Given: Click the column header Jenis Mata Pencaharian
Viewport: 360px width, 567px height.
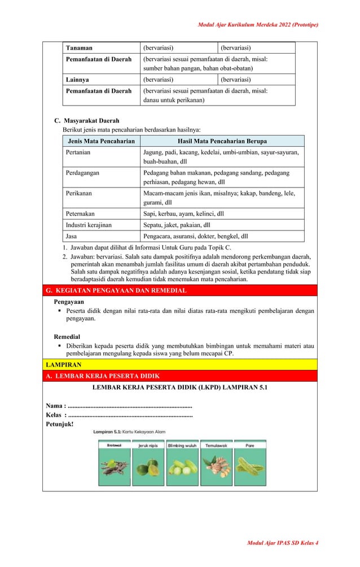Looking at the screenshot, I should pyautogui.click(x=101, y=141).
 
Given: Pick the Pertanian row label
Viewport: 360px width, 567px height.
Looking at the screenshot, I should pyautogui.click(x=78, y=152).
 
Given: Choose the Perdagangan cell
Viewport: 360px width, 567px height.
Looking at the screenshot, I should pyautogui.click(x=83, y=173).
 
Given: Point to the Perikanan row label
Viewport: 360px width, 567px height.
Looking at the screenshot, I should pyautogui.click(x=79, y=194).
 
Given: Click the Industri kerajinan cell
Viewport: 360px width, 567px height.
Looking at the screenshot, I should pyautogui.click(x=89, y=225).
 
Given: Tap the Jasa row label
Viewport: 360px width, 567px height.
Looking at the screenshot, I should pyautogui.click(x=72, y=236).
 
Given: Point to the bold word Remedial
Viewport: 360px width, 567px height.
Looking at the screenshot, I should pyautogui.click(x=67, y=337).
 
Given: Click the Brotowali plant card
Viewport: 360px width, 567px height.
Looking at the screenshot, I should pyautogui.click(x=115, y=463).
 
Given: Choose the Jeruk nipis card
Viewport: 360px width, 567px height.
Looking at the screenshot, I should pyautogui.click(x=148, y=463).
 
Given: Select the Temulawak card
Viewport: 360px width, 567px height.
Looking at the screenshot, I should pyautogui.click(x=216, y=463).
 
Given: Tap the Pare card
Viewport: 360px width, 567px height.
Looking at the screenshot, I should pyautogui.click(x=250, y=463).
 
